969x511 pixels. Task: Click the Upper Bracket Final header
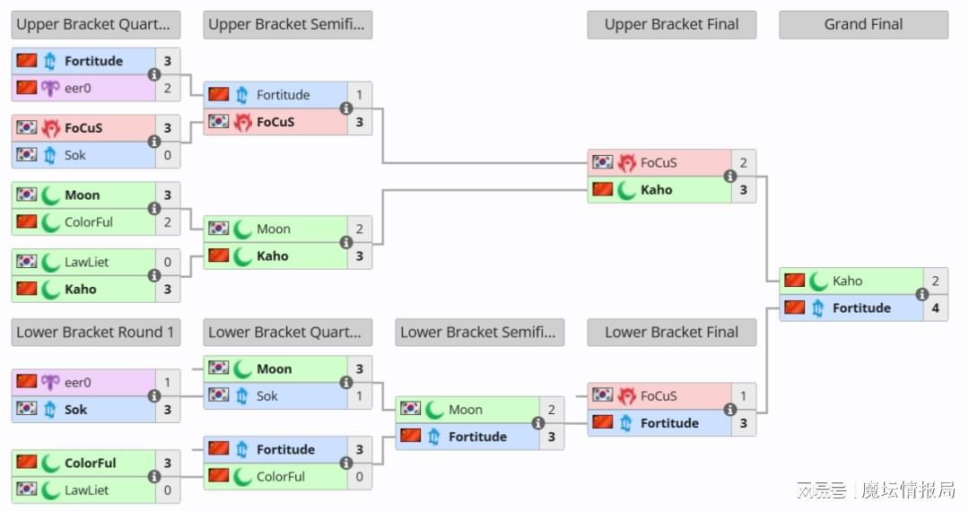click(x=671, y=24)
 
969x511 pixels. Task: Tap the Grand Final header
click(x=863, y=24)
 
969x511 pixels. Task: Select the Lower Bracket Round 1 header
click(x=95, y=332)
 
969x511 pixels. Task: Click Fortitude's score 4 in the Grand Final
click(x=935, y=307)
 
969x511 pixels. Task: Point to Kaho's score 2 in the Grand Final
click(x=935, y=281)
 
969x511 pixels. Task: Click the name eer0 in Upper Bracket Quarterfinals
click(x=78, y=88)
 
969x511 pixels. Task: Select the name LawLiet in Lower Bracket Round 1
click(x=86, y=490)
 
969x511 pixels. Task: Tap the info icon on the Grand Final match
click(x=921, y=294)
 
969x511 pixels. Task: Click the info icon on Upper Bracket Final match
click(x=729, y=177)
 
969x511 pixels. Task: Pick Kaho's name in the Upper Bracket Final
click(x=656, y=190)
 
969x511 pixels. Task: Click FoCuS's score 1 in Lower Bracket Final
click(x=743, y=395)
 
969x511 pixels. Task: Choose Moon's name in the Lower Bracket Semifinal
click(x=465, y=410)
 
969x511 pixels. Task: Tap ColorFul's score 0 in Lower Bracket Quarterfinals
click(x=359, y=477)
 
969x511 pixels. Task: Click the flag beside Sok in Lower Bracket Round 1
click(x=27, y=409)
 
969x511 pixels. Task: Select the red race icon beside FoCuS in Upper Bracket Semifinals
click(x=242, y=122)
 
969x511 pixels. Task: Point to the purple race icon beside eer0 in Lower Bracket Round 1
click(x=50, y=382)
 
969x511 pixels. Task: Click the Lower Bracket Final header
click(x=671, y=332)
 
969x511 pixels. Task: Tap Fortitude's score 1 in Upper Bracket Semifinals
click(x=359, y=95)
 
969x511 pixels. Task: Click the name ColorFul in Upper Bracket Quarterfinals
click(x=89, y=222)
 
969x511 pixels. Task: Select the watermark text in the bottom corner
click(x=875, y=490)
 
